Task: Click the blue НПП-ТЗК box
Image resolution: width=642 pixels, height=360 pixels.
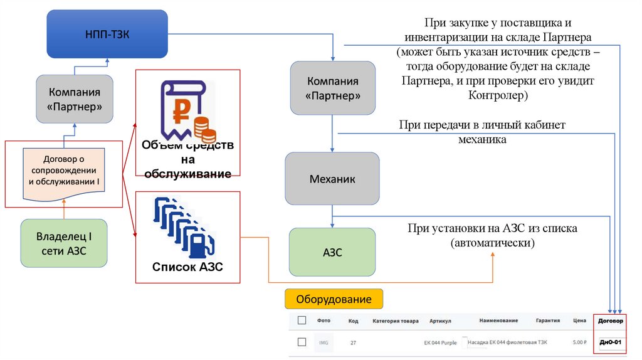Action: [x=107, y=33]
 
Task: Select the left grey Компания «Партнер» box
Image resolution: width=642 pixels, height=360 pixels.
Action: [x=75, y=98]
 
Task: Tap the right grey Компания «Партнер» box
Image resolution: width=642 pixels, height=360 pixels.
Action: [x=332, y=88]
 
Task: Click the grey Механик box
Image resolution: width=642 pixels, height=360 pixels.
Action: [x=332, y=179]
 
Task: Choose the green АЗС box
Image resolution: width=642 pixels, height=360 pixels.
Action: [x=332, y=252]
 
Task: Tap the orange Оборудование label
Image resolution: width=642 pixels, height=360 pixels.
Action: [x=334, y=299]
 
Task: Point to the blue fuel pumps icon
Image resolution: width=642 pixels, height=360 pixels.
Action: [x=184, y=228]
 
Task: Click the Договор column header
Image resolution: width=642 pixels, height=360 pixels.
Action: [x=611, y=321]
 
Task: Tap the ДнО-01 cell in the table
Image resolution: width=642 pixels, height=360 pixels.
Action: [x=610, y=342]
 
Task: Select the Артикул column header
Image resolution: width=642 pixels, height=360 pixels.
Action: [x=440, y=321]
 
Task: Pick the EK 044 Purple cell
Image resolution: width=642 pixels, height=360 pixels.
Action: [x=441, y=342]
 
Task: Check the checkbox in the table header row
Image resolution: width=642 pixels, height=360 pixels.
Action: [x=302, y=320]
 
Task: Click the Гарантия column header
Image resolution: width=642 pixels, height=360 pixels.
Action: [x=547, y=320]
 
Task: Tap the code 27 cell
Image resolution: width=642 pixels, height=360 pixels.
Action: [x=353, y=342]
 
